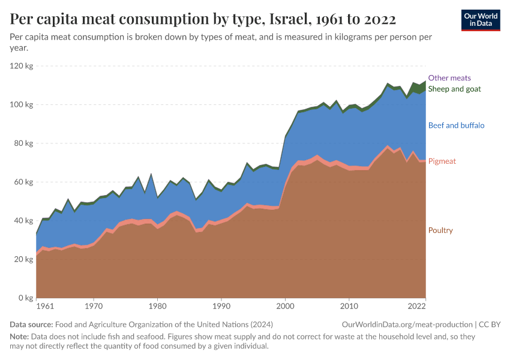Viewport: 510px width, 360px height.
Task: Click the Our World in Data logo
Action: (480, 20)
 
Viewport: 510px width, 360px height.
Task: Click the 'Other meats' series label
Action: (449, 78)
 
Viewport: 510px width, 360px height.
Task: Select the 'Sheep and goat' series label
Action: (454, 89)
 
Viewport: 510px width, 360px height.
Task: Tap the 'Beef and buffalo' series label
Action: (456, 125)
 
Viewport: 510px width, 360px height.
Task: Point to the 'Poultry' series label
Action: (440, 230)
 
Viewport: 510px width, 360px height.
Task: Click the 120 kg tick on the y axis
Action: (22, 66)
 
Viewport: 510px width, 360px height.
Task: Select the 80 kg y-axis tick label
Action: (23, 143)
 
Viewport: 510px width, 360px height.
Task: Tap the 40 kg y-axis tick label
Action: (23, 221)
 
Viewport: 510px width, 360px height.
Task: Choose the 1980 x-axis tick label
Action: (157, 307)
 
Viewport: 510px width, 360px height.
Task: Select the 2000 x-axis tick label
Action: (285, 307)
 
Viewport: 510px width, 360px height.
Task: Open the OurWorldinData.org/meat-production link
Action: (406, 325)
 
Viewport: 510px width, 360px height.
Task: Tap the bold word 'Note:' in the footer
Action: (20, 337)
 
